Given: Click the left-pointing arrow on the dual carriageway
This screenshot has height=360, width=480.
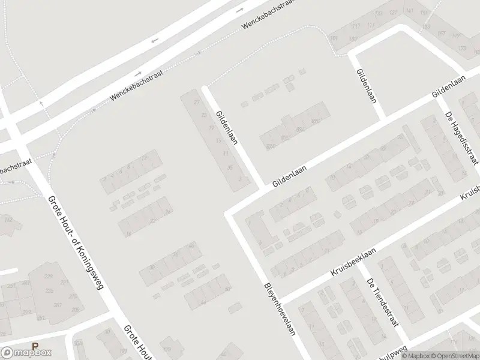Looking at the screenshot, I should pos(155,40).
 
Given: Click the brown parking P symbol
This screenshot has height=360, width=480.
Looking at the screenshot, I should pos(35,346).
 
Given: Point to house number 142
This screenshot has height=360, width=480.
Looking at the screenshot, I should pos(8,220).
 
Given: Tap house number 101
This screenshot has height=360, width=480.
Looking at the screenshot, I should pos(334,38).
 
